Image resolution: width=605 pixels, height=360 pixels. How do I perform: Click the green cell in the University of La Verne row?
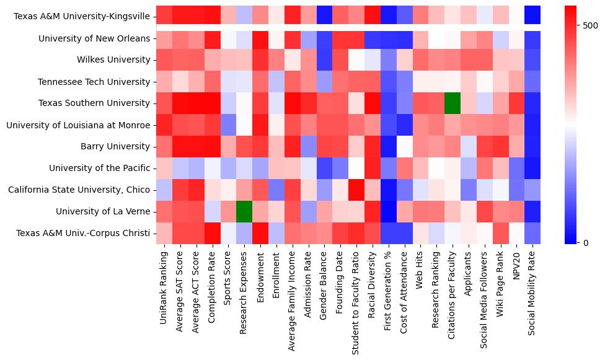[244, 211]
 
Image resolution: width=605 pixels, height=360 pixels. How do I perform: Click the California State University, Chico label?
[79, 190]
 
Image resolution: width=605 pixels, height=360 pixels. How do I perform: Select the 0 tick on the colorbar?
[586, 242]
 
